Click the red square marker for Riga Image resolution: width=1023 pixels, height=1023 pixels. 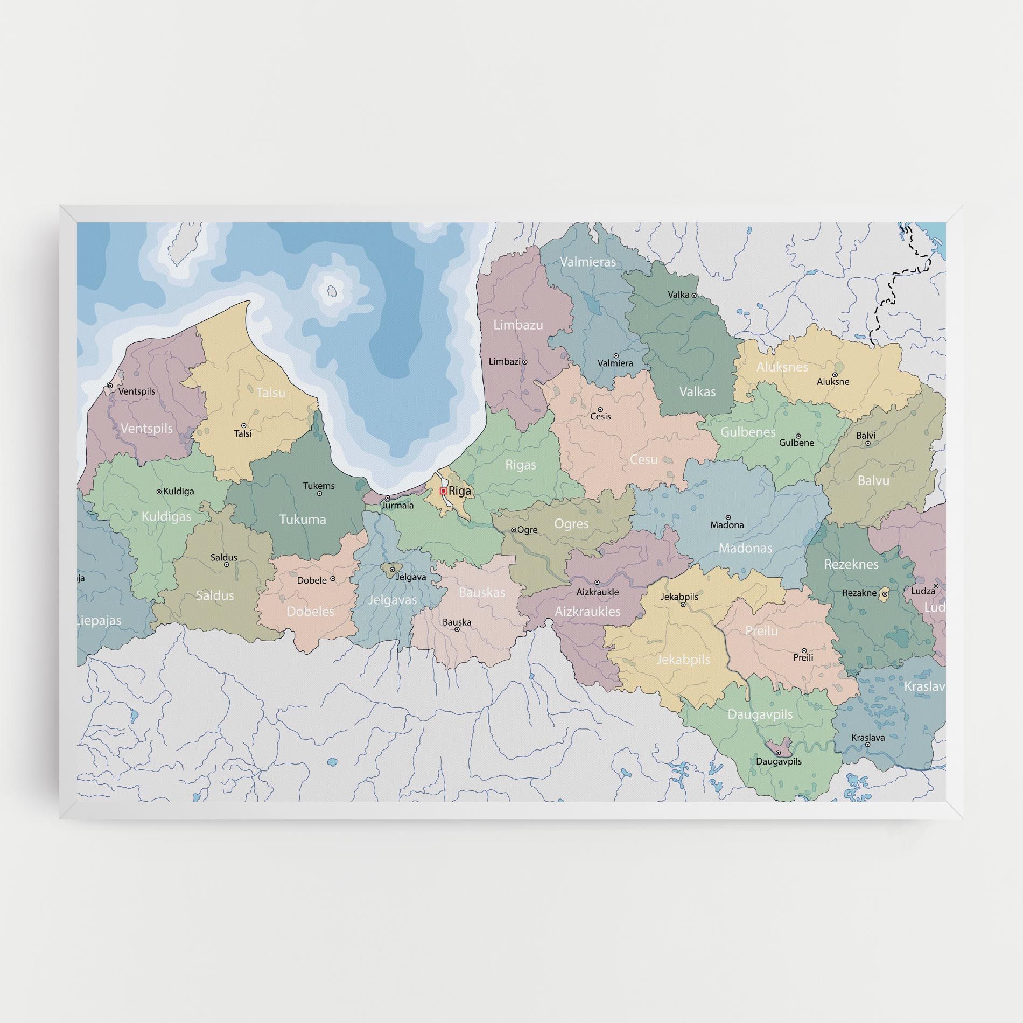point(443,491)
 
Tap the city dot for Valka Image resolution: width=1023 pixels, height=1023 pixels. point(694,295)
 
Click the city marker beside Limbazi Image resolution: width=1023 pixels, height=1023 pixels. point(525,362)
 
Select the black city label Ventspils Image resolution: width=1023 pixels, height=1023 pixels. point(136,391)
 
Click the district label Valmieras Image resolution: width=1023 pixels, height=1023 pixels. point(588,262)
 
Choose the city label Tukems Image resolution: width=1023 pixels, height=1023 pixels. point(319,486)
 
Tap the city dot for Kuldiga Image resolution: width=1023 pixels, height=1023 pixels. point(159,492)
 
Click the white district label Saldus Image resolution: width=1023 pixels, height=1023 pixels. point(215,595)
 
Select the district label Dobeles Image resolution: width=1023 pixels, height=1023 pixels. point(310,611)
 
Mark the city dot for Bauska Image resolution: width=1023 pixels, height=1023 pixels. point(457,629)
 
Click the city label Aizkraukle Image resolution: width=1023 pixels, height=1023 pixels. point(598,592)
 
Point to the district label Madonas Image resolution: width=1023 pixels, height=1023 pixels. point(745,548)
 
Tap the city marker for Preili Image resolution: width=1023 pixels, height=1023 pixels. point(804,651)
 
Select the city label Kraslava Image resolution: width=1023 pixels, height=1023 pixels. point(868,738)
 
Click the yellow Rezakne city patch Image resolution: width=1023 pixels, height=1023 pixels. point(884,594)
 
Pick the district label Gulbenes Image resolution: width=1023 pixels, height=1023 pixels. point(748,432)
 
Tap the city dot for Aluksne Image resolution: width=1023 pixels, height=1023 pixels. point(835,375)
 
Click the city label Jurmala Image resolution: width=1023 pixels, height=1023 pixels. point(397,506)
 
